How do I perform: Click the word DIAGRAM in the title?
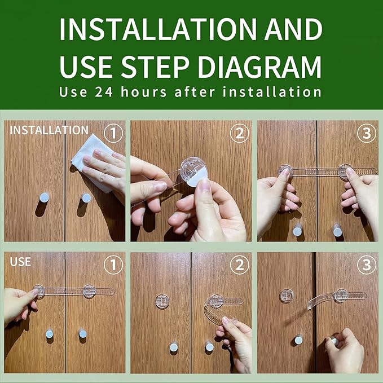259,67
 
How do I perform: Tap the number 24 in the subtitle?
104,92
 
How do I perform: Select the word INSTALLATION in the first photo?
49,130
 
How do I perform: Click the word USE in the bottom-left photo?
20,262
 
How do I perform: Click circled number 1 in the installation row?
113,133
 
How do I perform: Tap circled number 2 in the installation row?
239,133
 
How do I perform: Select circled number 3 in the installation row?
367,133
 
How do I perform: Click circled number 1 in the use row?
113,265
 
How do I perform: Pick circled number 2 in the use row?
239,265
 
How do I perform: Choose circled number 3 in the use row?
367,265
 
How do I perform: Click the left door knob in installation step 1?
44,197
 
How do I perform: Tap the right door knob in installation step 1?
86,198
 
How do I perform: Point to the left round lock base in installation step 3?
285,170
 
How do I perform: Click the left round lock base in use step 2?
162,301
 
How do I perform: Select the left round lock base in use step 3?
286,296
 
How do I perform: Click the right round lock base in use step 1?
89,291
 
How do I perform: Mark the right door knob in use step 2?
209,347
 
